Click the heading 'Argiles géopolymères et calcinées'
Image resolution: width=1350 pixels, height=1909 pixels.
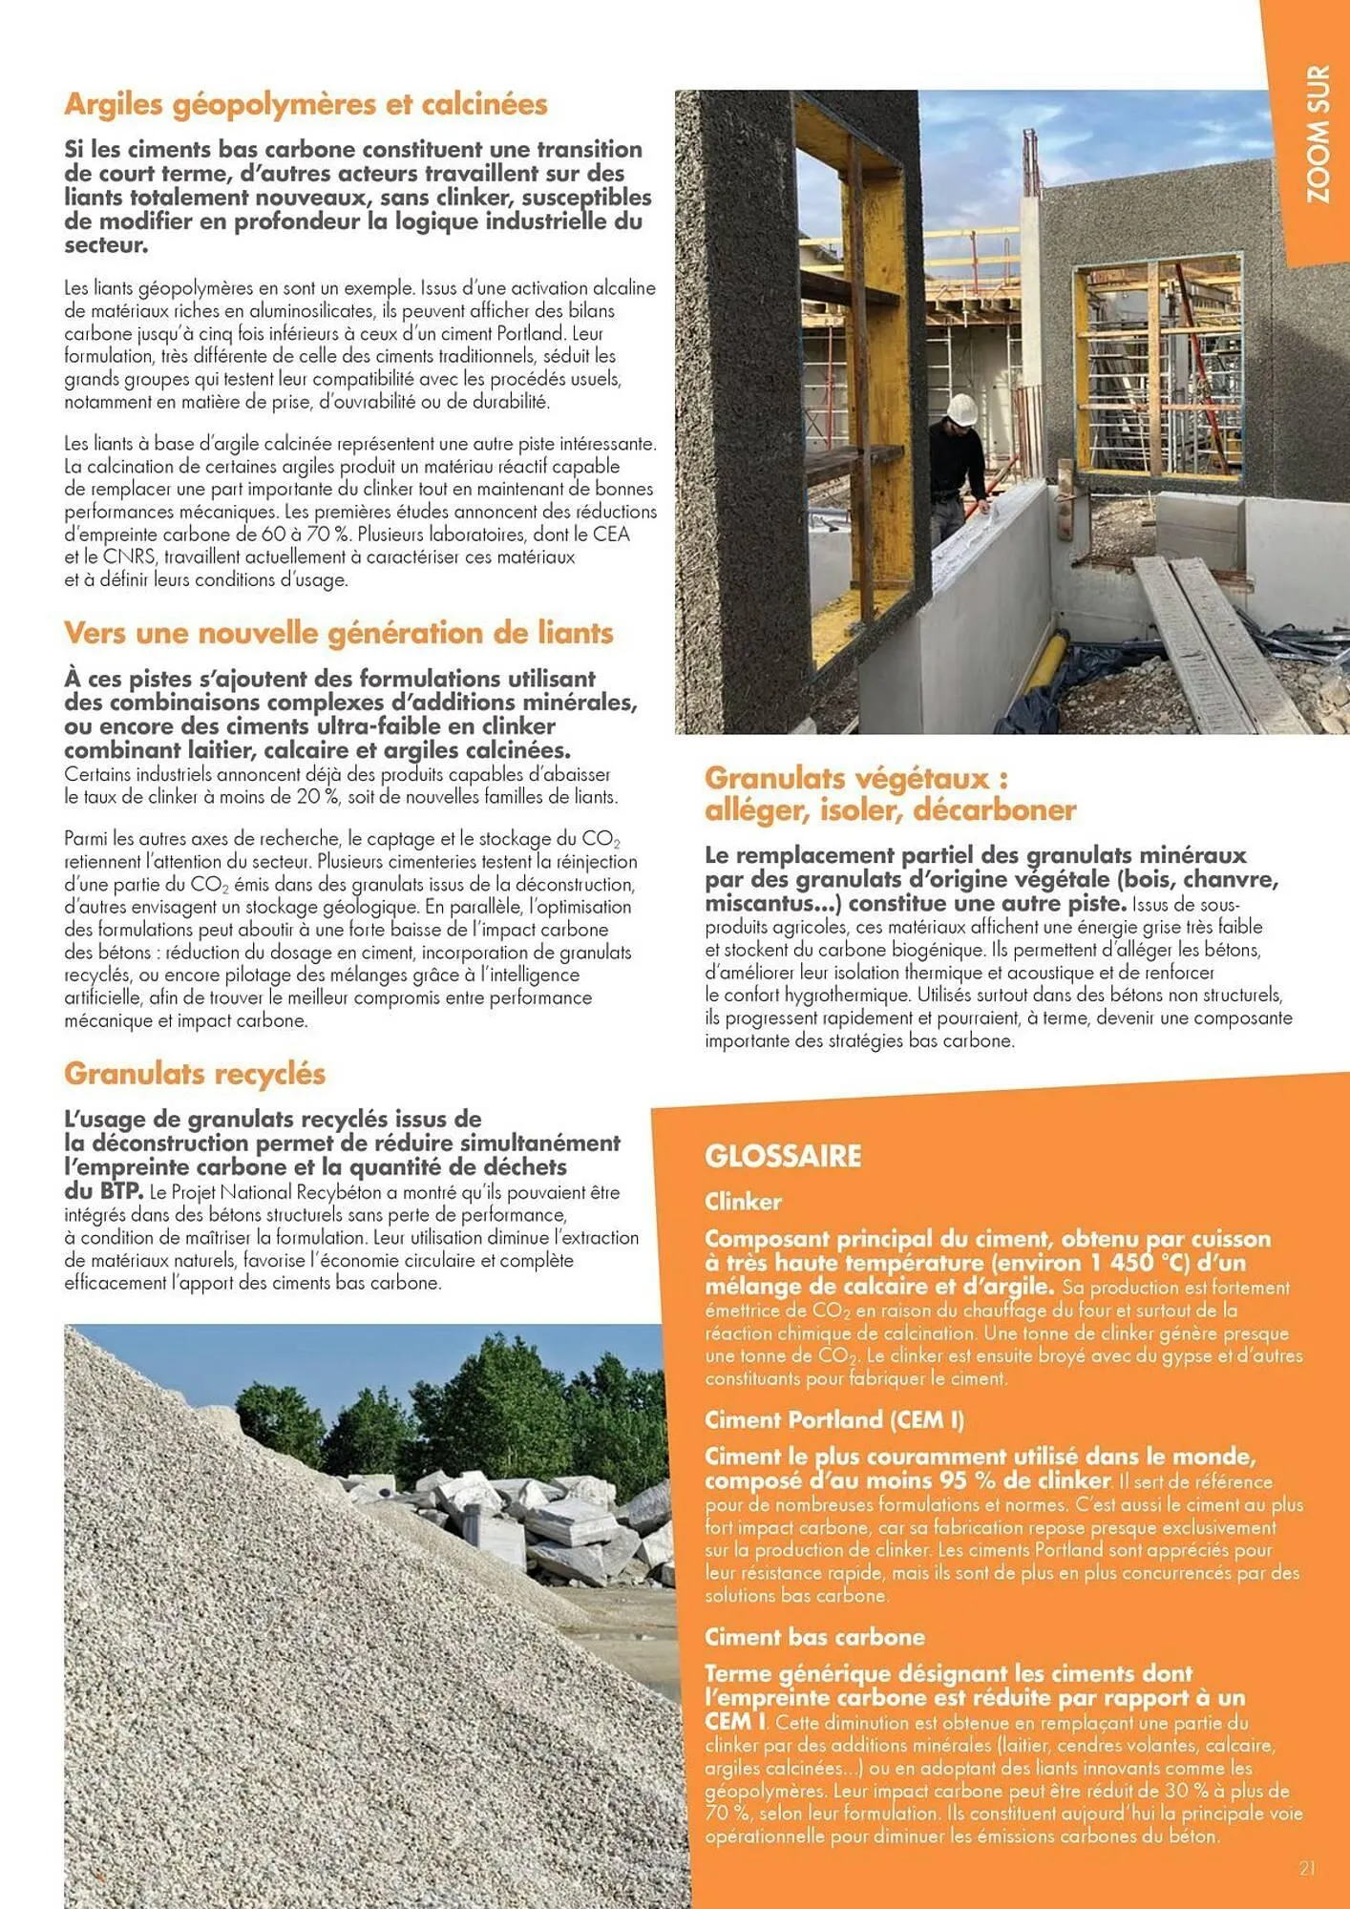(306, 104)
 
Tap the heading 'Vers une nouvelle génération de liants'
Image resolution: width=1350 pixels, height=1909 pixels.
(338, 633)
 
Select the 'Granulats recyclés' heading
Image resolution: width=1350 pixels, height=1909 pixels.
(195, 1074)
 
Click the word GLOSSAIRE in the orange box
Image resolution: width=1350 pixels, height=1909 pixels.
(783, 1156)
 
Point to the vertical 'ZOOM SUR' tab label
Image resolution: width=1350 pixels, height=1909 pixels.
(1318, 134)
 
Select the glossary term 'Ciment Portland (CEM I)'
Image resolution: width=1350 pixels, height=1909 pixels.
(833, 1420)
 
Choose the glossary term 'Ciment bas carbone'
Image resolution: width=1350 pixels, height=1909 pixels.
(814, 1637)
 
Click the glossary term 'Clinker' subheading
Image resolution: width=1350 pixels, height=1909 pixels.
(743, 1202)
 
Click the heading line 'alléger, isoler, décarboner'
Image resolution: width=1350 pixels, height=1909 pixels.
(890, 810)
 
